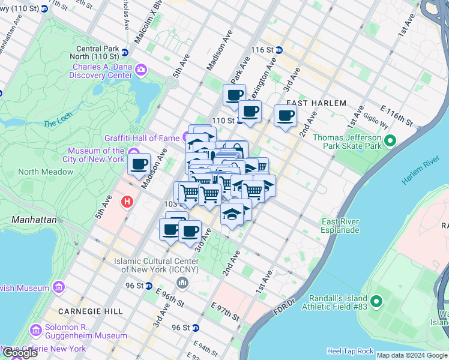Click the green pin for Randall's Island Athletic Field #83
click(376, 301)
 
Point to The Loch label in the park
click(57, 124)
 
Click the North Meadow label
click(46, 172)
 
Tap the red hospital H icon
click(127, 202)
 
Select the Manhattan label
click(34, 220)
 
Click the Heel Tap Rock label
click(351, 351)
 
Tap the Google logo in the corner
click(19, 353)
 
